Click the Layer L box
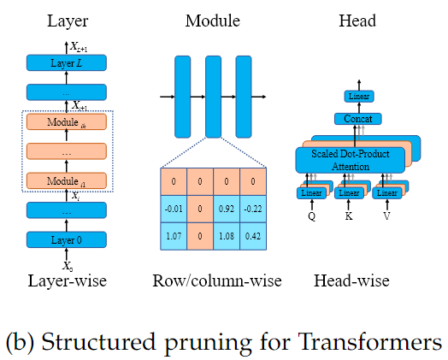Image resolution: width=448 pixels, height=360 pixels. click(66, 63)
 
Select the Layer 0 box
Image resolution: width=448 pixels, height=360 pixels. click(66, 239)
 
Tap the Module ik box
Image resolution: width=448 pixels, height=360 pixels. click(66, 122)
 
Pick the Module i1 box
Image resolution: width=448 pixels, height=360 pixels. click(66, 181)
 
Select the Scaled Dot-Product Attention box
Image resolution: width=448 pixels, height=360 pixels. click(351, 160)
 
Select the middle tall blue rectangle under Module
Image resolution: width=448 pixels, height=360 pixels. click(214, 96)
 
